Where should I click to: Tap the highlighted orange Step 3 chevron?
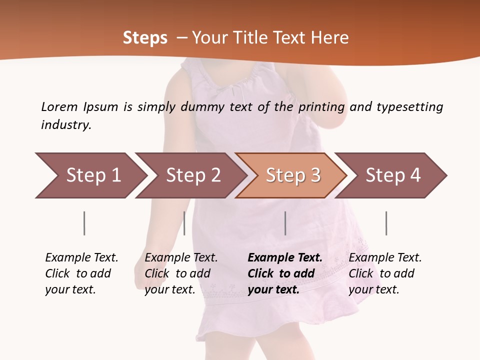pos(293,175)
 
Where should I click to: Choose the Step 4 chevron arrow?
pos(393,175)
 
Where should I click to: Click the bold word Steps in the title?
pos(145,37)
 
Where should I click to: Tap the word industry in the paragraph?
pos(65,124)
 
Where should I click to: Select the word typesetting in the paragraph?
pos(409,106)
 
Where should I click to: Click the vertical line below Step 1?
pos(84,223)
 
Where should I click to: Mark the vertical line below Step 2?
pos(184,223)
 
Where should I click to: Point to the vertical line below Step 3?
pos(285,223)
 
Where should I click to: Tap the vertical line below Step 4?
pos(386,223)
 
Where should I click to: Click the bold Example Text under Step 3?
pos(285,257)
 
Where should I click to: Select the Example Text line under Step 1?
pos(81,257)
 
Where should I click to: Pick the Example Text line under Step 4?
pos(385,257)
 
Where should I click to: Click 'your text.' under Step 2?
pos(169,289)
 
